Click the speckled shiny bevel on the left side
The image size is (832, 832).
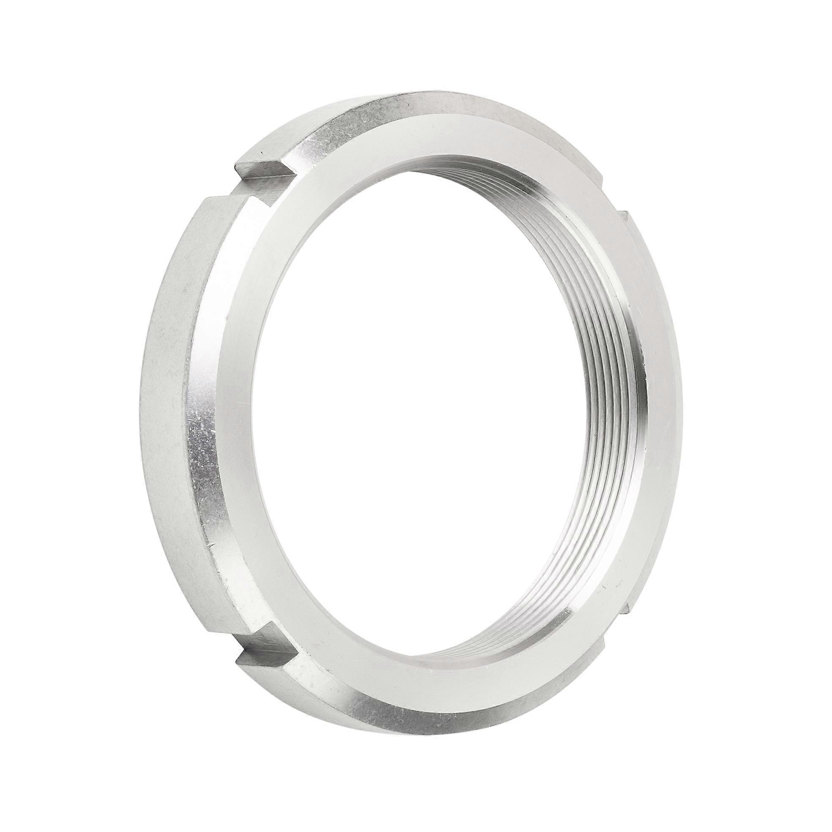203,431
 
